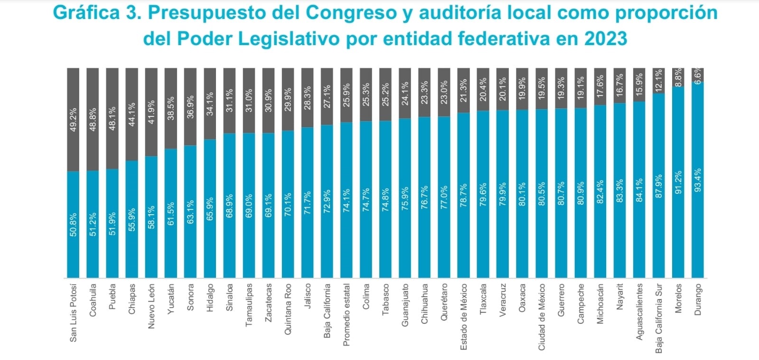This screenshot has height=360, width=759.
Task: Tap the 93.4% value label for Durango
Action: [698, 180]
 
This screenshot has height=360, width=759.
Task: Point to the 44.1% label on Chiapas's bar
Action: [132, 114]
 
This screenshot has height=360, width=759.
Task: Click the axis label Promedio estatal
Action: [347, 315]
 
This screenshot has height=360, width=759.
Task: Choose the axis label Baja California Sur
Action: [658, 319]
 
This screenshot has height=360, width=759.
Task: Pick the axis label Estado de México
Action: [463, 317]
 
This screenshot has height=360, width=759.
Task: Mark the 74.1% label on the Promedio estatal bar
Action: [347, 200]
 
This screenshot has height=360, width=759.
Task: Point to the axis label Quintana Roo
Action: [288, 309]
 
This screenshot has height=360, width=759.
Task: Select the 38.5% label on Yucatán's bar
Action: [171, 108]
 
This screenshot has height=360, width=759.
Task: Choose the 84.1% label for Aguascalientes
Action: [639, 190]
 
